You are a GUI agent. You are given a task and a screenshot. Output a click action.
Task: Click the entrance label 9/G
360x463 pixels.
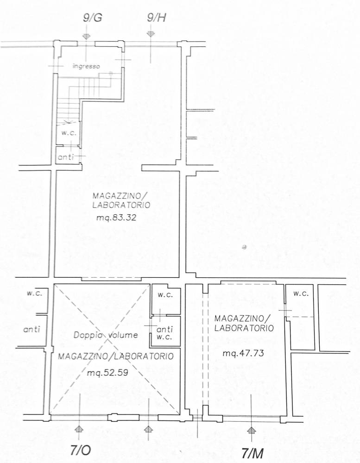[x=93, y=18]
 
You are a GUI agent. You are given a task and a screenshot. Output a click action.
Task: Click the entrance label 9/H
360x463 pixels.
[x=156, y=18]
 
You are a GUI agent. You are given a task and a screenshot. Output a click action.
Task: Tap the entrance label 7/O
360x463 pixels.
[x=81, y=450]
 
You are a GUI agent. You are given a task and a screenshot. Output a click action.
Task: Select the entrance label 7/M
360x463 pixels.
[x=253, y=453]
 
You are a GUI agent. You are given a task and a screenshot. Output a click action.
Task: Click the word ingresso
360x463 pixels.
[x=86, y=66]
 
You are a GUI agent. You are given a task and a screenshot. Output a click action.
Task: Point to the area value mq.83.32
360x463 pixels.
[x=116, y=218]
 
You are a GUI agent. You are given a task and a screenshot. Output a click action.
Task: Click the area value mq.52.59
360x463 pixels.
[x=107, y=373]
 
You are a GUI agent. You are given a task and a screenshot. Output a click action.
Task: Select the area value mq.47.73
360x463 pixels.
[x=243, y=353]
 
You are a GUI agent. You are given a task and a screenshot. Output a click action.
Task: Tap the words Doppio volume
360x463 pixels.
[x=106, y=335]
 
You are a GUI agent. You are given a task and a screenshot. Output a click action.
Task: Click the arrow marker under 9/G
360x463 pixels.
[x=86, y=36]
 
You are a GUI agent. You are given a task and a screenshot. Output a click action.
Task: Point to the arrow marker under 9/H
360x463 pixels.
[x=151, y=34]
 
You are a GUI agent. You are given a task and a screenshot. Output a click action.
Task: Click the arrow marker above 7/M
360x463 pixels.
[x=251, y=430]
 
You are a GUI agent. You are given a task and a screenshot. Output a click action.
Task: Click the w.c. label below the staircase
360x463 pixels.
[x=69, y=133]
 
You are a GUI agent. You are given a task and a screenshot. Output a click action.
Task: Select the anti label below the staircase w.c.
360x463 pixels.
[x=66, y=157]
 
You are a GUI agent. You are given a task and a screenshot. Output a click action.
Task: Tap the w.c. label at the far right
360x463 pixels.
[x=301, y=294]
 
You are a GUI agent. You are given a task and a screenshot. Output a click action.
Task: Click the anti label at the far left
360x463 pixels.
[x=32, y=329]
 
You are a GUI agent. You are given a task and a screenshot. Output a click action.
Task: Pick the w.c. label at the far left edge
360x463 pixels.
[x=34, y=294]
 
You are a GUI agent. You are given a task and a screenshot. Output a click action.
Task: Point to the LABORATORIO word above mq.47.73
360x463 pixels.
[x=244, y=328]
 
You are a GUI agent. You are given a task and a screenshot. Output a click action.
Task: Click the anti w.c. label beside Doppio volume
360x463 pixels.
[x=164, y=333]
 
